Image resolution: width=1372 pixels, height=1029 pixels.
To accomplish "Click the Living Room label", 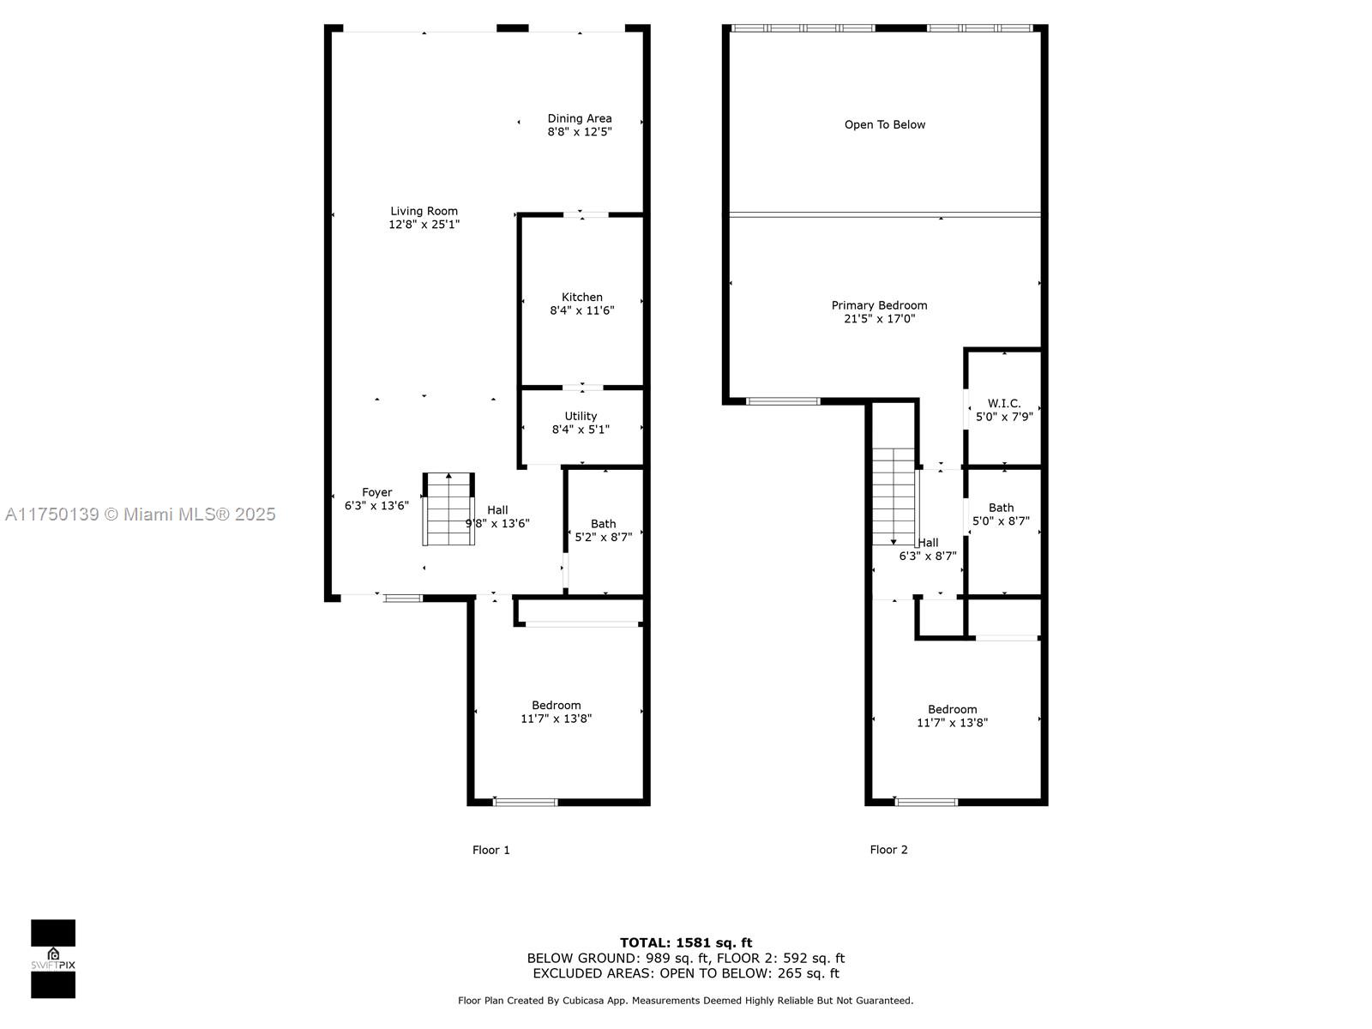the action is click(x=424, y=211).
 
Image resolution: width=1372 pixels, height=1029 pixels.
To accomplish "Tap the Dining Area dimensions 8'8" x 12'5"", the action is click(x=580, y=132).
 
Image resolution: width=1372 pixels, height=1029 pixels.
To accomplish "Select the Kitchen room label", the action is click(x=582, y=298).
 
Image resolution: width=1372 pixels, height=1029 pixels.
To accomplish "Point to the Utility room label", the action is click(x=581, y=416).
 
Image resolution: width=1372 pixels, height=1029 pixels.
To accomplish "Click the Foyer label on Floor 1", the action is click(x=377, y=492).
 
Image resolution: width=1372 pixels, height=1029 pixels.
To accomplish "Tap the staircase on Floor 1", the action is click(x=448, y=509).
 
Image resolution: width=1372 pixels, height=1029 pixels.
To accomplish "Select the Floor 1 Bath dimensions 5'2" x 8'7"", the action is click(x=603, y=538).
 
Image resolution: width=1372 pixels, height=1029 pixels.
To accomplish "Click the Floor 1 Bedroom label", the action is click(x=557, y=706).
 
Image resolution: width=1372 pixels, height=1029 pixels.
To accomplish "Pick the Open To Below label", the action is click(x=884, y=125).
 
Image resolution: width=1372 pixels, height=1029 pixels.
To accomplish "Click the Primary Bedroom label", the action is click(x=879, y=305).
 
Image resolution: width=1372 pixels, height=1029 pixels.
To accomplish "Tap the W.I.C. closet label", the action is click(x=1004, y=404).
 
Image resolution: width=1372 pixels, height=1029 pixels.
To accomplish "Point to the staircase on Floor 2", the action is click(x=894, y=497).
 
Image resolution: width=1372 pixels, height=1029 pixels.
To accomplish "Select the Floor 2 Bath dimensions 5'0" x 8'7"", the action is click(x=1001, y=521).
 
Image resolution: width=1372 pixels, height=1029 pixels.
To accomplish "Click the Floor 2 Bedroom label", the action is click(x=952, y=710).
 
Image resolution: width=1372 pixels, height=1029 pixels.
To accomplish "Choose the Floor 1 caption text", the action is click(x=490, y=851).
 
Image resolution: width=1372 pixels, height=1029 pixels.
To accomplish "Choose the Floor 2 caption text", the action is click(x=888, y=850).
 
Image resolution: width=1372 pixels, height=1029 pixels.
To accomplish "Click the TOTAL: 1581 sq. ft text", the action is click(x=686, y=942).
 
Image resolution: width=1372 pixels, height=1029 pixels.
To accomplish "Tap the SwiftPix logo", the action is click(x=53, y=959).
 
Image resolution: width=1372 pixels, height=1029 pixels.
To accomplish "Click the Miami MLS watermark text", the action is click(x=141, y=514).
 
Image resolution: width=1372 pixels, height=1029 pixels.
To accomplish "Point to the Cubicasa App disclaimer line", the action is click(x=686, y=1001).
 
